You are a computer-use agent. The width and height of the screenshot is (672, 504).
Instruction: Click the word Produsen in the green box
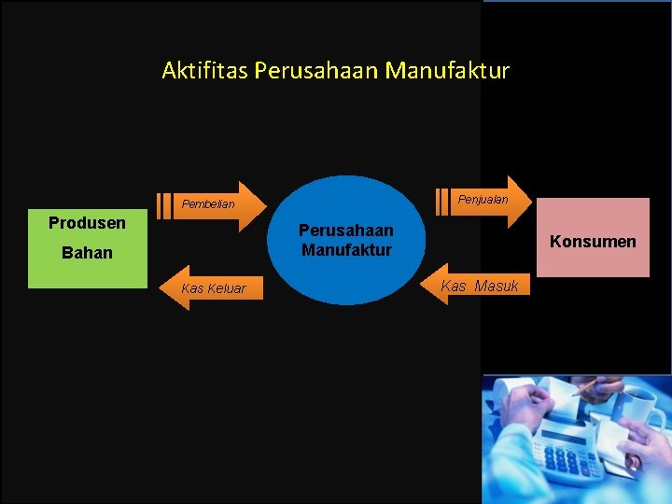click(x=87, y=223)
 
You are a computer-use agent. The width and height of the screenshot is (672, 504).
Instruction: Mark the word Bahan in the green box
click(x=87, y=253)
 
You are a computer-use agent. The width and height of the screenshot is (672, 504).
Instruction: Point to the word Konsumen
click(x=593, y=242)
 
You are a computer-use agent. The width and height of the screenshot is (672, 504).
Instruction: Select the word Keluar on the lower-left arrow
click(x=227, y=288)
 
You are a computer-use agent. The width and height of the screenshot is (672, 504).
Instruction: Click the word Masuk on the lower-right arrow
click(x=496, y=286)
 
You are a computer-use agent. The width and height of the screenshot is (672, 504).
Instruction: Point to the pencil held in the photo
click(x=586, y=385)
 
